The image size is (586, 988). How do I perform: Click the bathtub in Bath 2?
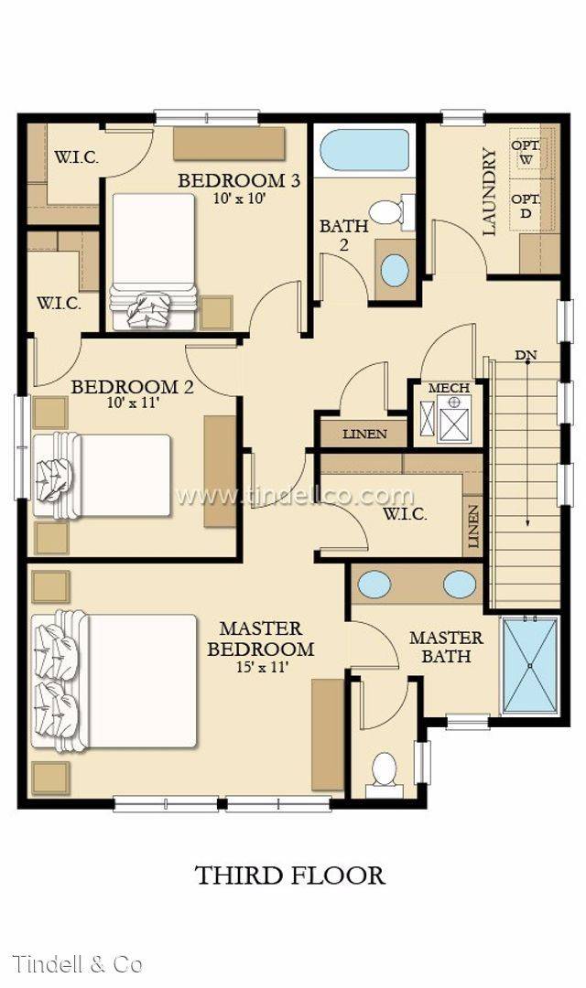pos(365,150)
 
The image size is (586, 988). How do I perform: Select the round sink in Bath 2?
pos(394,269)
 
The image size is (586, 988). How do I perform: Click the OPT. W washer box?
pos(526,153)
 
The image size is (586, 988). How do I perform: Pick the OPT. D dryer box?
pos(526,206)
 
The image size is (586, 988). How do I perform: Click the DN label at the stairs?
pos(526,355)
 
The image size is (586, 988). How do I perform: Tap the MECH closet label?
pos(449,388)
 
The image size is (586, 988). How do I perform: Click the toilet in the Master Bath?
pos(385,770)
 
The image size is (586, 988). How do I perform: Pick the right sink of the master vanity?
pos(460,583)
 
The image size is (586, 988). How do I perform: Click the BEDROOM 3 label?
pos(239,180)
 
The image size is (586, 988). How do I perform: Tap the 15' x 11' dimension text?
pos(260,667)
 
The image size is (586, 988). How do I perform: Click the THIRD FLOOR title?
pos(290,875)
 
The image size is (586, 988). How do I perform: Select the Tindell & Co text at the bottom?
pos(77,963)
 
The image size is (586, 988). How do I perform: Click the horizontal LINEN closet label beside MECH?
pos(364,434)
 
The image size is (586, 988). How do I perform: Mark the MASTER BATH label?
pos(446,647)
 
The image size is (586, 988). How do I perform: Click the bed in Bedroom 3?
pos(153,261)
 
